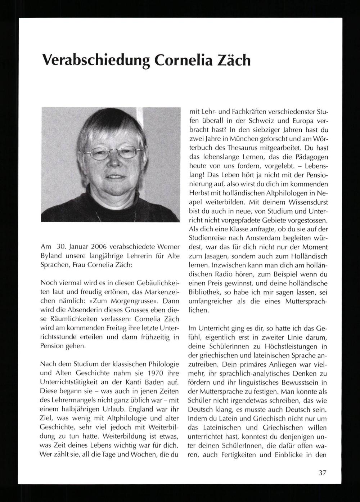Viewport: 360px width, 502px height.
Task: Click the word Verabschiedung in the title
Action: (x=95, y=60)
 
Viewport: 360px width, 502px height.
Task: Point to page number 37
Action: (x=322, y=473)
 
